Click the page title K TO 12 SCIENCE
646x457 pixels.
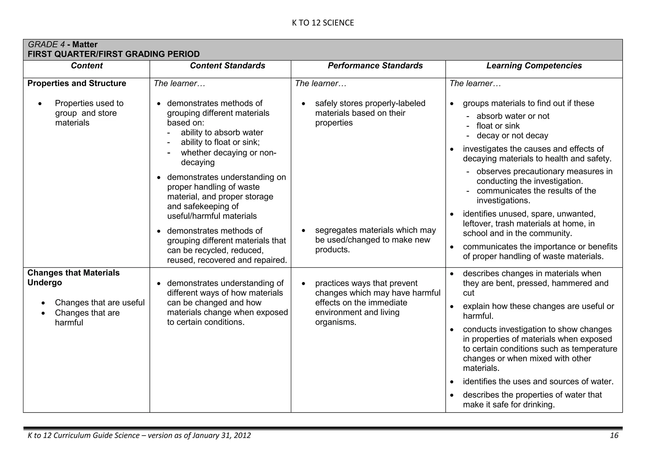tap(323, 23)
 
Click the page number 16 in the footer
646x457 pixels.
tap(614, 436)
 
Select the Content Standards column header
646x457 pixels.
tap(227, 66)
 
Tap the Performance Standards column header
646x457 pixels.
tap(375, 66)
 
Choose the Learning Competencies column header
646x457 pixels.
tap(534, 66)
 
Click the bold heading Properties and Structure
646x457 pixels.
tap(77, 83)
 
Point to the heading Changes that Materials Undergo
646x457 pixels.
tap(73, 278)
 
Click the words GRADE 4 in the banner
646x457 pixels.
tap(46, 44)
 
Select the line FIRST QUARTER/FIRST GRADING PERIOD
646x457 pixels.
tap(114, 54)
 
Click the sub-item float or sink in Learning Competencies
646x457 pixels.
tap(498, 126)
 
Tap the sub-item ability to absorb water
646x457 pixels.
tap(222, 132)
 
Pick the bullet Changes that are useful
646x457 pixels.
tap(100, 303)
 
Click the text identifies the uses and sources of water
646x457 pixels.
tap(538, 382)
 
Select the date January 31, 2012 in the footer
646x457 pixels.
tap(221, 436)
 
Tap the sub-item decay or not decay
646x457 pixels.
tap(512, 136)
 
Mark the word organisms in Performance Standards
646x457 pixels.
tap(335, 322)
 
